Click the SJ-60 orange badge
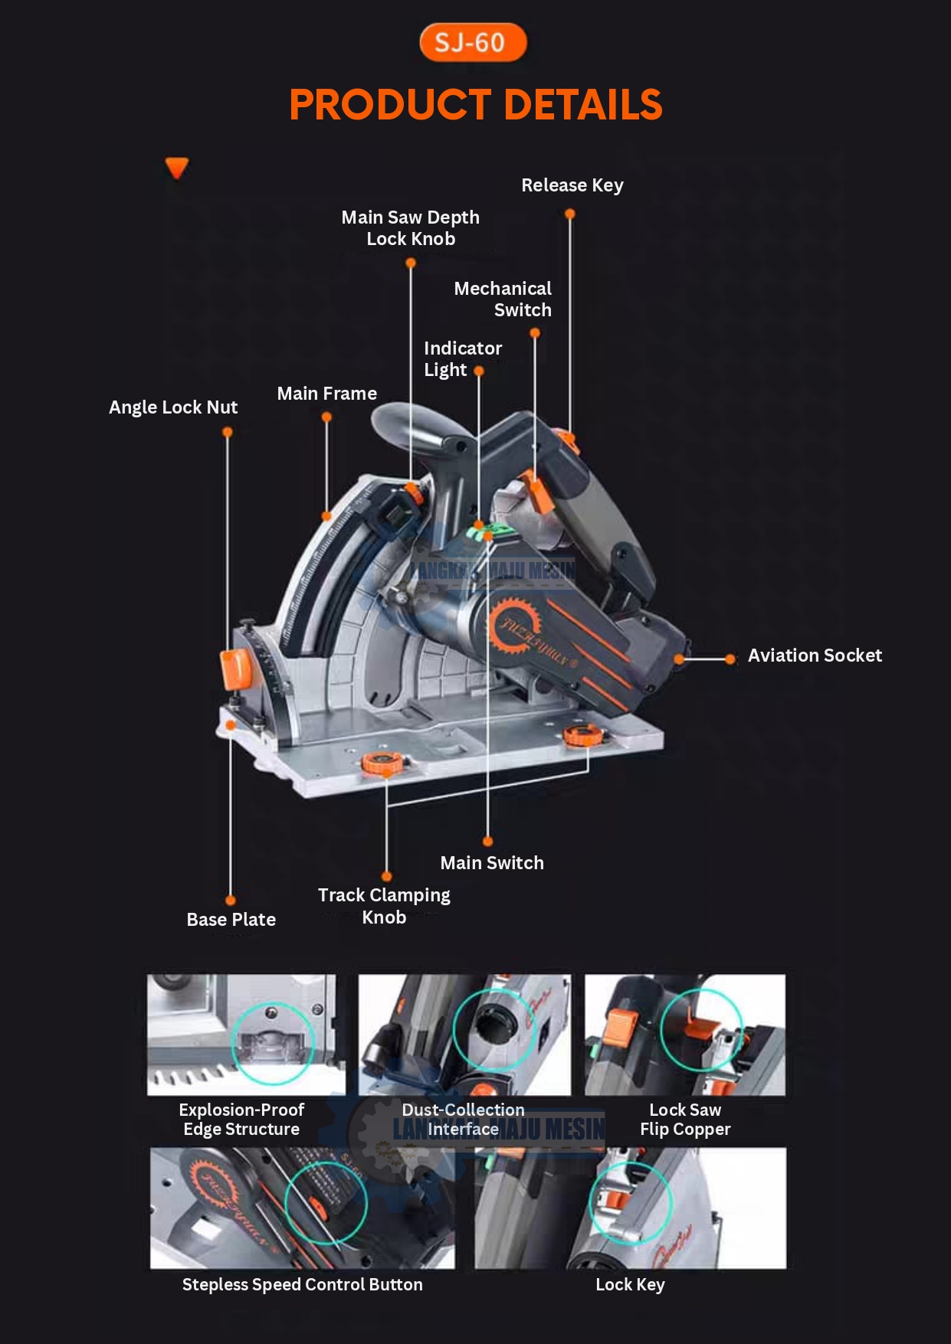coord(473,42)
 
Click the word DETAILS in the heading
coord(583,105)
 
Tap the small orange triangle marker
coord(177,168)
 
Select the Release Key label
coord(572,185)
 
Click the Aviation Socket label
coord(814,656)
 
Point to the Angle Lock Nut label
coord(173,407)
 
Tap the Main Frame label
coord(326,394)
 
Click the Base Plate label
coord(231,920)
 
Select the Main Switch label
coord(491,863)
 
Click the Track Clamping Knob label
coord(384,906)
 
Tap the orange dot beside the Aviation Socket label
coord(730,659)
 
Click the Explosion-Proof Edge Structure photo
coord(246,1034)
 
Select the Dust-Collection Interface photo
coord(464,1034)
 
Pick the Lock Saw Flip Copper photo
coord(685,1034)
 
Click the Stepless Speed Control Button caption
coord(302,1285)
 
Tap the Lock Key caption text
coord(630,1285)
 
